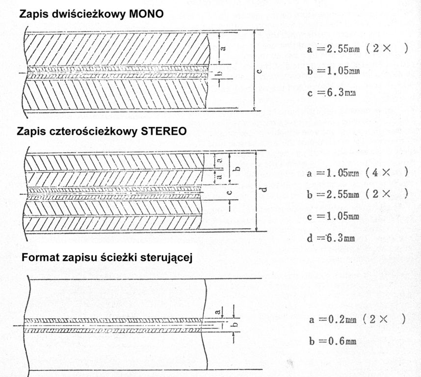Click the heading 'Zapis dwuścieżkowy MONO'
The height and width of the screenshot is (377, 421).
91,14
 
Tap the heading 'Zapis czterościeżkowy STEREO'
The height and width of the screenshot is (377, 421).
102,132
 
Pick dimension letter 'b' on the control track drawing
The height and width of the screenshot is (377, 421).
236,324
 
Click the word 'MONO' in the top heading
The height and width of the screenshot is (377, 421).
145,14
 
